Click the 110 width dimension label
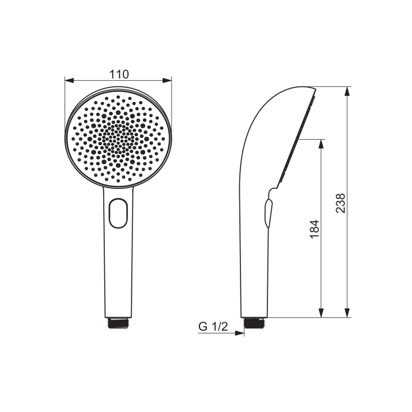[119, 75]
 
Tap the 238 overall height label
[341, 203]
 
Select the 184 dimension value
[314, 229]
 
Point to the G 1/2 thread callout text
[213, 327]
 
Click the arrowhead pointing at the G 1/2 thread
[240, 333]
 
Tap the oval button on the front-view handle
[118, 213]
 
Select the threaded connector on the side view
[254, 323]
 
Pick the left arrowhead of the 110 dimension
[70, 80]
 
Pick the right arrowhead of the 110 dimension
[167, 80]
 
